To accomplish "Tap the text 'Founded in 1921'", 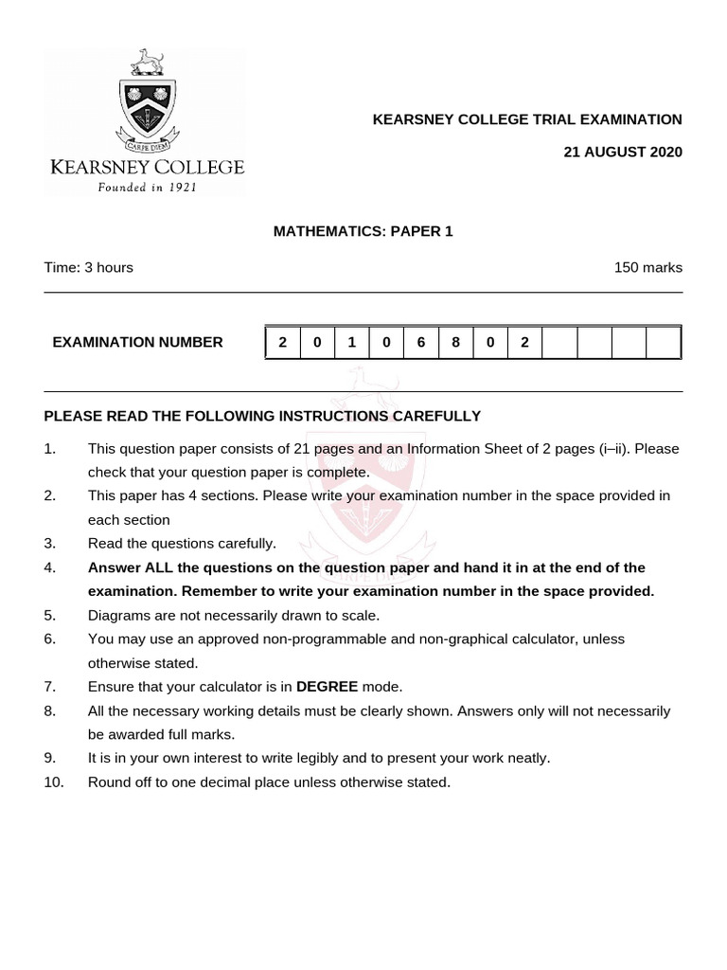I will [146, 187].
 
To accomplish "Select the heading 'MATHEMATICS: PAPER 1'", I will [363, 231].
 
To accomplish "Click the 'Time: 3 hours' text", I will [88, 267].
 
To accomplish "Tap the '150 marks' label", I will [647, 267].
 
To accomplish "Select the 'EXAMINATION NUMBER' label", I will [138, 342].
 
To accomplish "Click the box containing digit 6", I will [421, 342].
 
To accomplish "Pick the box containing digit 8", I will [456, 342].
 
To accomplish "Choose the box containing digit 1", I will [351, 342].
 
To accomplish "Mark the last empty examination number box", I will [664, 342].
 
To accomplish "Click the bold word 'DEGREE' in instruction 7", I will [327, 686].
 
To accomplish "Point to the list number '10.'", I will [53, 781].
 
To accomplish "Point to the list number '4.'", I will [50, 567].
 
